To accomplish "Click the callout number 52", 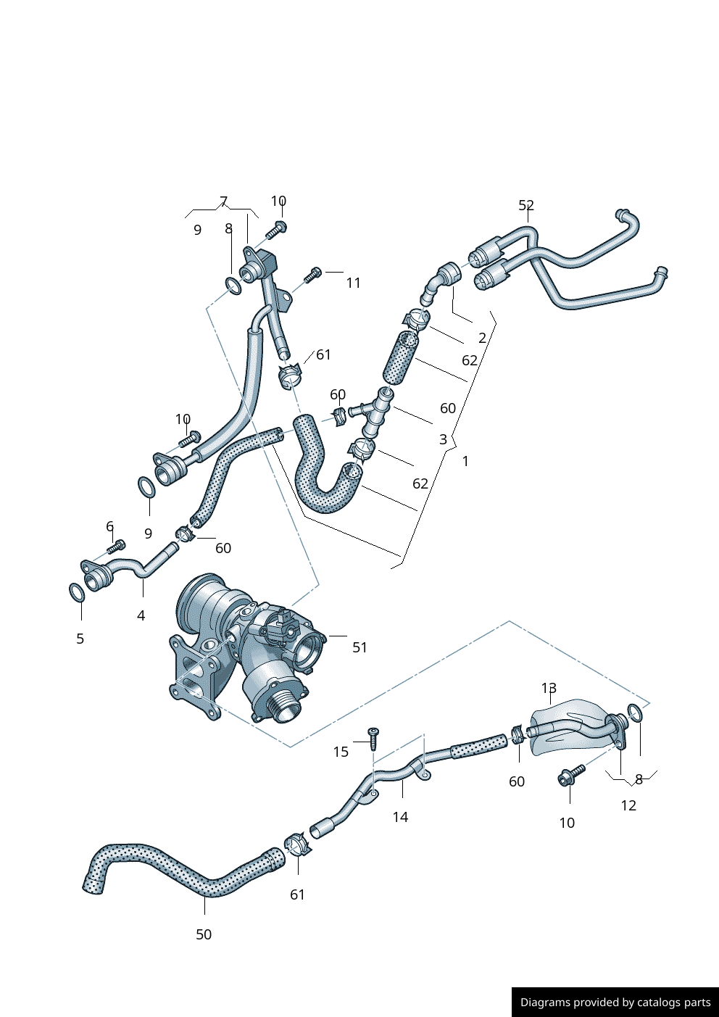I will pyautogui.click(x=526, y=206).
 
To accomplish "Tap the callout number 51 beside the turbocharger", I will pyautogui.click(x=359, y=647).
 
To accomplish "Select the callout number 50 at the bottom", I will pyautogui.click(x=204, y=934).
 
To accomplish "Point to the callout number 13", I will pyautogui.click(x=549, y=688).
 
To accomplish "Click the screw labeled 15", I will pyautogui.click(x=373, y=739).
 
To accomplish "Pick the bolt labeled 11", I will pyautogui.click(x=312, y=275).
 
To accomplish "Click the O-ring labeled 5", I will pyautogui.click(x=77, y=592).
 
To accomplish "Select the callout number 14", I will pyautogui.click(x=400, y=817).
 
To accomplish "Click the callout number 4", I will pyautogui.click(x=141, y=615).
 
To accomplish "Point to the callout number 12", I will pyautogui.click(x=628, y=805).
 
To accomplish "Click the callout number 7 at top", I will pyautogui.click(x=223, y=202).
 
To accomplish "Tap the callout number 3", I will pyautogui.click(x=443, y=439).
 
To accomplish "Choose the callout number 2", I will pyautogui.click(x=482, y=338).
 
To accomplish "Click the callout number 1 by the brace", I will pyautogui.click(x=465, y=461).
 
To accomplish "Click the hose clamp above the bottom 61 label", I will pyautogui.click(x=296, y=844).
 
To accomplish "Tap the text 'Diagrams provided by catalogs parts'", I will pyautogui.click(x=615, y=1002).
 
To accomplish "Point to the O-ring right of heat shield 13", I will pyautogui.click(x=635, y=713).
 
